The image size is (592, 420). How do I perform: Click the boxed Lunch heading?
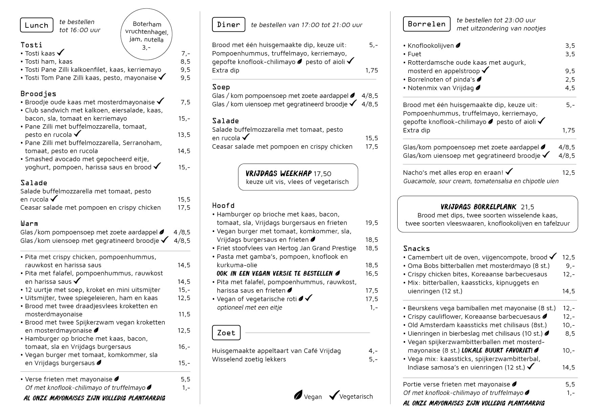pyautogui.click(x=37, y=25)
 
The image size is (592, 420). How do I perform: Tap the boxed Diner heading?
pyautogui.click(x=229, y=24)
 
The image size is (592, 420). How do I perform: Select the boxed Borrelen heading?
pyautogui.click(x=427, y=24)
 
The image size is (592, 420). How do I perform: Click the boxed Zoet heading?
pyautogui.click(x=226, y=333)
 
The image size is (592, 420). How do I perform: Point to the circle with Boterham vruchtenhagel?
pyautogui.click(x=147, y=35)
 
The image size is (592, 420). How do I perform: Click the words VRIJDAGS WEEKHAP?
pyautogui.click(x=278, y=174)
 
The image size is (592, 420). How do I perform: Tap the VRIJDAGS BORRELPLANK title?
pyautogui.click(x=478, y=207)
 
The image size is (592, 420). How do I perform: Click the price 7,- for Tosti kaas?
pyautogui.click(x=186, y=53)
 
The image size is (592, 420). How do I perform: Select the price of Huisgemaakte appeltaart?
pyautogui.click(x=373, y=351)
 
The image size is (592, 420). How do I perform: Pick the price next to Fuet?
pyautogui.click(x=570, y=54)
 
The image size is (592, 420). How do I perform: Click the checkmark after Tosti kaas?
pyautogui.click(x=61, y=52)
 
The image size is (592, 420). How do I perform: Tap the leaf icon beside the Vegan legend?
pyautogui.click(x=298, y=395)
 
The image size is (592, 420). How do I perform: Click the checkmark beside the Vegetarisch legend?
pyautogui.click(x=334, y=395)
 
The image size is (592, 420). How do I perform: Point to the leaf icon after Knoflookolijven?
pyautogui.click(x=458, y=45)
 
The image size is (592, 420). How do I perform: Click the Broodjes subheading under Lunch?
pyautogui.click(x=38, y=94)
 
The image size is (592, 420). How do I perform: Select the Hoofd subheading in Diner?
pyautogui.click(x=223, y=206)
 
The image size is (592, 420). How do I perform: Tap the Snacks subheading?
pyautogui.click(x=416, y=249)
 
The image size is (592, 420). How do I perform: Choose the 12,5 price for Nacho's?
pyautogui.click(x=568, y=173)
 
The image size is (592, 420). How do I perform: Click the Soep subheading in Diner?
pyautogui.click(x=221, y=87)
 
